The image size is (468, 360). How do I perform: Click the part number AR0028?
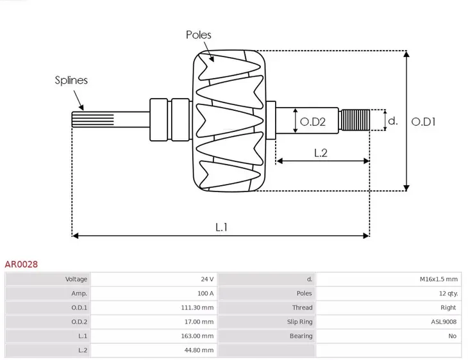coord(21,263)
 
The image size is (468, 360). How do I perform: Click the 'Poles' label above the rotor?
coord(199,35)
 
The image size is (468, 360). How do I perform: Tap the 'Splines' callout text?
coord(71,80)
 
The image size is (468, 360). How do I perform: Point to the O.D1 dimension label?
coord(423,120)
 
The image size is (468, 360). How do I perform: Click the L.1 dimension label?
coord(221,226)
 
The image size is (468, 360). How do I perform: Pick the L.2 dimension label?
coord(321,152)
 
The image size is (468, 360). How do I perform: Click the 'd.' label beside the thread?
coord(394,120)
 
